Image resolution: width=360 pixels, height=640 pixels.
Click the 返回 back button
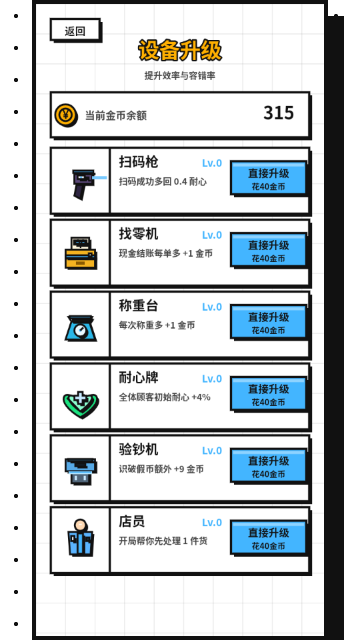click(75, 30)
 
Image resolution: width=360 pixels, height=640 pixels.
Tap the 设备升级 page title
click(180, 51)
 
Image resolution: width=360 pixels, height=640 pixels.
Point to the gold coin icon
click(66, 115)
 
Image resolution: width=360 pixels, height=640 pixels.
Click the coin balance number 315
click(278, 113)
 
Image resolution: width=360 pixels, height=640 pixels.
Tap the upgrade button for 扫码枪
click(268, 178)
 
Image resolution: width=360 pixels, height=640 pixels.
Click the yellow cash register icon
click(81, 253)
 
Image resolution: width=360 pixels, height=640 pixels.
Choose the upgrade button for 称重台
click(268, 322)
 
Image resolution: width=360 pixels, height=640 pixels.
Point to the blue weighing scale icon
click(81, 328)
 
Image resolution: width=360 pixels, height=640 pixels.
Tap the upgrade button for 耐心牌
click(268, 394)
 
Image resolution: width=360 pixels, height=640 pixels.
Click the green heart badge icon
click(81, 404)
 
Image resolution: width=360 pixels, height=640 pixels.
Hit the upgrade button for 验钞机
click(268, 466)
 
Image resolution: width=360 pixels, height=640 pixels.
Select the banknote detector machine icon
click(81, 471)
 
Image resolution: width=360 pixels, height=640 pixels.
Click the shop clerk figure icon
click(80, 537)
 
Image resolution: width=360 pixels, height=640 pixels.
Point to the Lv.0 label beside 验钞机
click(212, 451)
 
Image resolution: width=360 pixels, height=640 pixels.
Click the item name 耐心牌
click(138, 378)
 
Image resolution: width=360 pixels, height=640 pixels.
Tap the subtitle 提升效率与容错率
click(180, 76)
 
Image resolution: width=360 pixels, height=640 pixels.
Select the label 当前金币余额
click(116, 116)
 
